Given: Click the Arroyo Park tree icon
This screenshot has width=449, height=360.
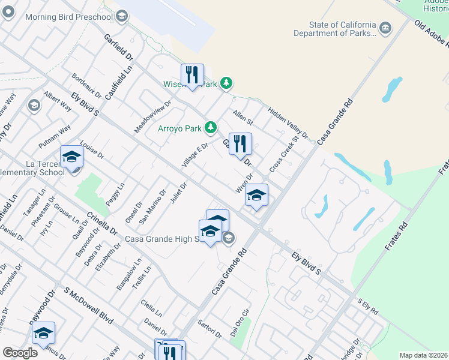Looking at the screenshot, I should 211,127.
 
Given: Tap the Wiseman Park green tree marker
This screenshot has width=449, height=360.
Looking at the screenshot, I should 226,83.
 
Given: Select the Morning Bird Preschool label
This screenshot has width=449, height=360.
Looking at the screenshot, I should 69,16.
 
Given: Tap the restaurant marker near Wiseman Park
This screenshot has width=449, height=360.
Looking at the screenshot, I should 192,75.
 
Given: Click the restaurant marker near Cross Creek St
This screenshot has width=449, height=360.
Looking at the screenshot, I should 240,144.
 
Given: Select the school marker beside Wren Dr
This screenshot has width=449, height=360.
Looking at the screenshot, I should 256,195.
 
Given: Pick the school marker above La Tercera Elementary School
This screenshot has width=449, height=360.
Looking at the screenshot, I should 71,157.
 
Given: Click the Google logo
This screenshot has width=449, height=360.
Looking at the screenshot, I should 20,352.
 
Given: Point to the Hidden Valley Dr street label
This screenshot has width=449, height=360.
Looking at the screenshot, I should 288,122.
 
